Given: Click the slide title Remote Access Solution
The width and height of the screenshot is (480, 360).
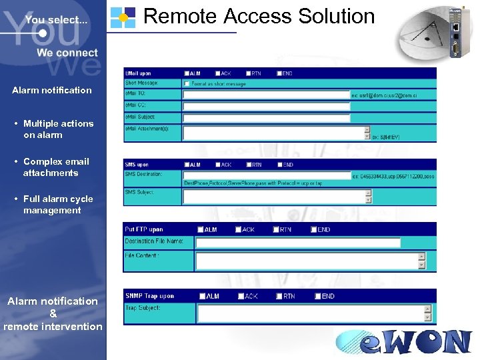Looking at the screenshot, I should [259, 16].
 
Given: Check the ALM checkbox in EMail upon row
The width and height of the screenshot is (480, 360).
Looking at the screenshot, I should [187, 73].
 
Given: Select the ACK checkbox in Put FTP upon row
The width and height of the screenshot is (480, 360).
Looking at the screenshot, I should [239, 230].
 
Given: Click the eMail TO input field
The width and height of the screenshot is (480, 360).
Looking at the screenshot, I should [266, 95].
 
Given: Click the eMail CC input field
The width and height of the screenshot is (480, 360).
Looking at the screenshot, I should [266, 106].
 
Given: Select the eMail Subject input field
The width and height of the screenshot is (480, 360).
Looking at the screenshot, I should [266, 117].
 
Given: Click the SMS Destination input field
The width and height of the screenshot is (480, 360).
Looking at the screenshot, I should [266, 175].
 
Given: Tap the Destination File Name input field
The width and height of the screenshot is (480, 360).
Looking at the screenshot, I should [297, 242].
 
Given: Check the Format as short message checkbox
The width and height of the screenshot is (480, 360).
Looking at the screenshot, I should [187, 84].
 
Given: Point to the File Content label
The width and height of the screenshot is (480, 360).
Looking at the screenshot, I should [142, 255].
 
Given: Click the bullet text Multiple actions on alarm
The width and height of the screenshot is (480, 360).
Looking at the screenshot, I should [58, 129].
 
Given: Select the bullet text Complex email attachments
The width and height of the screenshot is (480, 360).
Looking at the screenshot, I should [56, 167].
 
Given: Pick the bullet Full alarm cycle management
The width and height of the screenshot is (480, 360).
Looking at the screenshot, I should [58, 205].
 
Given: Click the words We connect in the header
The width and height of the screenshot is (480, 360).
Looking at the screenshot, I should [67, 53].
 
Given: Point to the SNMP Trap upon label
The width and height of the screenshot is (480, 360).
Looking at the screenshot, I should [150, 296].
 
